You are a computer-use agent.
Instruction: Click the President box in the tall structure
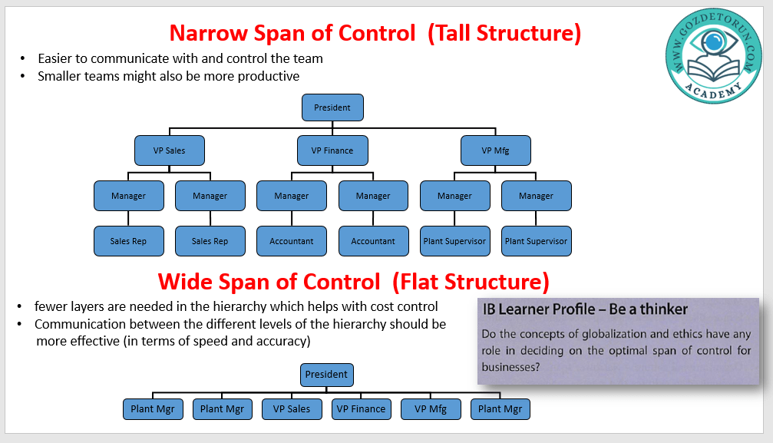332,107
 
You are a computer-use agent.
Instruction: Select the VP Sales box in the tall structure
169,150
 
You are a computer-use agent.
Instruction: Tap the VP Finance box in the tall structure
332,150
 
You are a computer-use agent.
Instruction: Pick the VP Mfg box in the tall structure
495,150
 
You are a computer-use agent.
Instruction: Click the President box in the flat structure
326,375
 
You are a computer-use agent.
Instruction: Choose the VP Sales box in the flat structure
292,409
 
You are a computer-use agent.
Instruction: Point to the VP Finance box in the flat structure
361,409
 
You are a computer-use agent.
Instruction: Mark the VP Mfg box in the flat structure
430,409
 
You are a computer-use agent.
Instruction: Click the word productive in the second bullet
272,76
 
